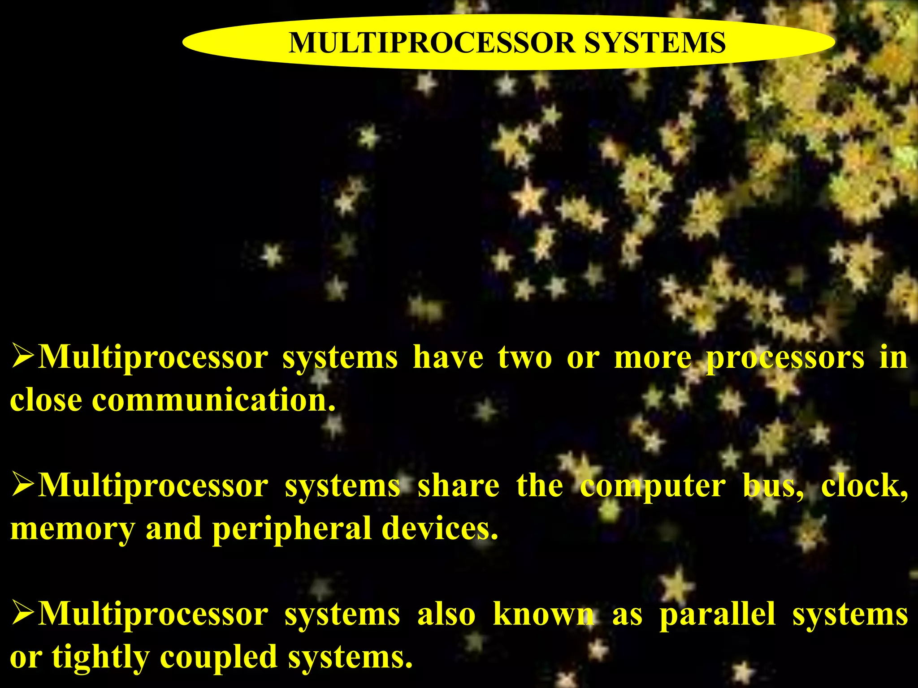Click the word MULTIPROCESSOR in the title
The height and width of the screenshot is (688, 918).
pos(431,43)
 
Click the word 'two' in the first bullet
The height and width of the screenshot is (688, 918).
pos(525,358)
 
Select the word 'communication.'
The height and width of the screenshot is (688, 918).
pos(214,400)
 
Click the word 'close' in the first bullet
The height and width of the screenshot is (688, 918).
pos(46,400)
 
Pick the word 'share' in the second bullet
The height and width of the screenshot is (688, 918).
pos(459,486)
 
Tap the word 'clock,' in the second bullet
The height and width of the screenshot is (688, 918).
pos(864,486)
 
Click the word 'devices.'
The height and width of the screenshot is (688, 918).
pos(440,529)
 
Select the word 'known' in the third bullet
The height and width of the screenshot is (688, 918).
pos(544,614)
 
